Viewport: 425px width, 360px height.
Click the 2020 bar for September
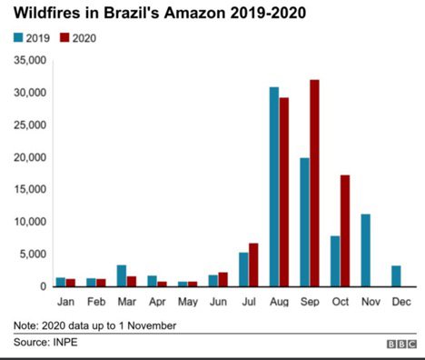point(314,183)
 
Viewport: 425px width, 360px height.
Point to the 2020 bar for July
point(253,265)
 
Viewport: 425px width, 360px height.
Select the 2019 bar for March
point(122,275)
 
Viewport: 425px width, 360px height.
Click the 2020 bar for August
point(284,192)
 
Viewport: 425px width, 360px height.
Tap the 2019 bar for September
point(304,222)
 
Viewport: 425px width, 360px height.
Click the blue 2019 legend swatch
point(18,38)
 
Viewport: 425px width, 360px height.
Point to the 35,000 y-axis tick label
point(28,61)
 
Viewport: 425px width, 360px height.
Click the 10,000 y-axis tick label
point(28,222)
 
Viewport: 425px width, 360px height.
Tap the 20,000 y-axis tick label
point(28,157)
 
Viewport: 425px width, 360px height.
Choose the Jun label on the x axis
point(218,298)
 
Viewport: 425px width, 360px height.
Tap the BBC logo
point(398,345)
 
